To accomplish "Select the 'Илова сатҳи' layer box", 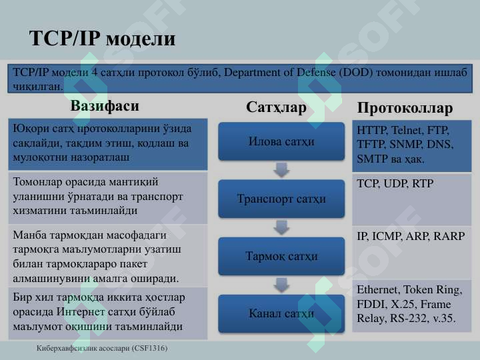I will tap(281, 141).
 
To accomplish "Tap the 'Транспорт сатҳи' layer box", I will tap(281, 199).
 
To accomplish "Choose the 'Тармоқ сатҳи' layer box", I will tap(281, 256).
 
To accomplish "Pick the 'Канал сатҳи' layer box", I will tap(281, 313).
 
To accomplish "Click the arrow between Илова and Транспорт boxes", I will tap(282, 170).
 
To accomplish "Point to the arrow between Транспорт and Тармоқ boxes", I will tap(282, 227).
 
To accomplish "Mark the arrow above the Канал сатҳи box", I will tap(282, 285).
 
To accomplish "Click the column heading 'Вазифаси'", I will tap(105, 106).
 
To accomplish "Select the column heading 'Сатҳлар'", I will tap(276, 107).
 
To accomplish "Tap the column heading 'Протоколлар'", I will tap(405, 108).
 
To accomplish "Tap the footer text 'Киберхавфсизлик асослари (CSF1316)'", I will tap(102, 349).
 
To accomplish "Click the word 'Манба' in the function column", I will tap(29, 235).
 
